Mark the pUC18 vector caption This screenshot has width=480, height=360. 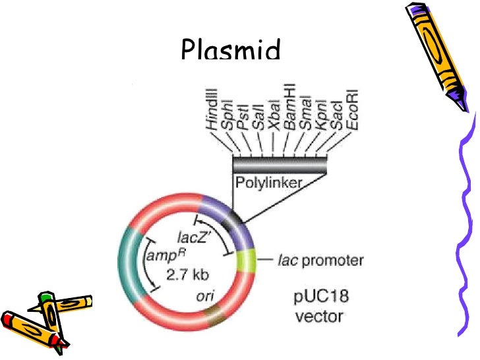(318, 307)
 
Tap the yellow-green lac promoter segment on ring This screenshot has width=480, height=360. (245, 260)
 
